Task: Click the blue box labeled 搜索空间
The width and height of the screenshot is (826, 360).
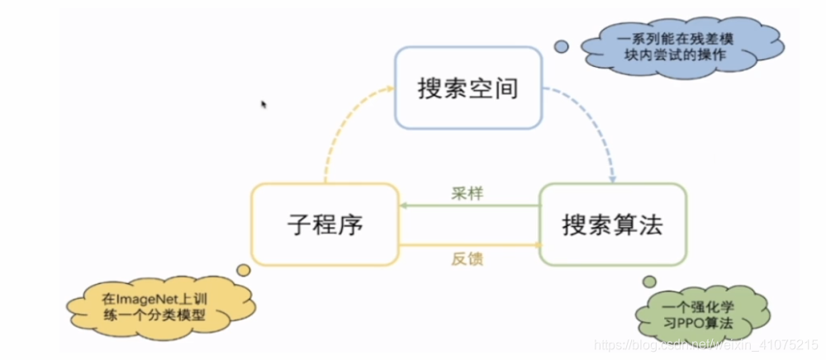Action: pyautogui.click(x=468, y=88)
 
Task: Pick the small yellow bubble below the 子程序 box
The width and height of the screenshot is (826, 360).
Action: pyautogui.click(x=243, y=269)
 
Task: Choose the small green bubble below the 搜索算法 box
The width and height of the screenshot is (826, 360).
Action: pyautogui.click(x=649, y=282)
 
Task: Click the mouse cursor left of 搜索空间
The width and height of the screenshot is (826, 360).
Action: pyautogui.click(x=263, y=105)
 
